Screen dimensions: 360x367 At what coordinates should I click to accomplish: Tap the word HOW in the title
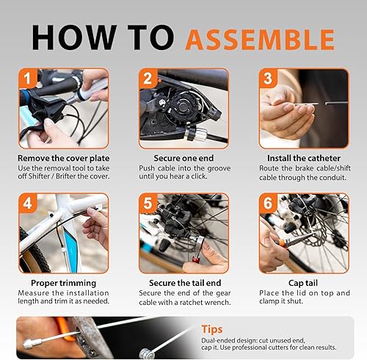[x=70, y=36]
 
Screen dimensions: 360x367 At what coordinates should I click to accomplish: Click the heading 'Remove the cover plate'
[x=64, y=158]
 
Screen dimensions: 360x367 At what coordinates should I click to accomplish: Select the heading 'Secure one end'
[x=183, y=158]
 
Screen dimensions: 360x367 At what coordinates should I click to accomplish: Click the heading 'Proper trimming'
[x=64, y=283]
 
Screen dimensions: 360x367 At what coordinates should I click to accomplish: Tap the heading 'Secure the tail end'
[x=183, y=283]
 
